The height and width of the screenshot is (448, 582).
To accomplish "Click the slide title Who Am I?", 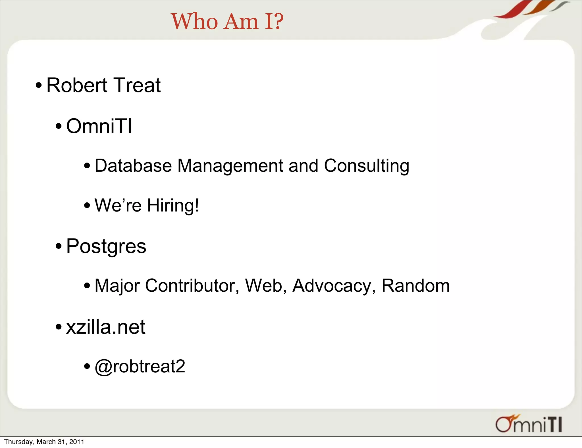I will click(x=227, y=22).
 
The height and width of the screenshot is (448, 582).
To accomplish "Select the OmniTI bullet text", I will click(x=99, y=126).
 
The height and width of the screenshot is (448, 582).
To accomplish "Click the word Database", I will click(x=133, y=166).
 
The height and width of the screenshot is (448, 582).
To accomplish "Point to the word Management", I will click(x=230, y=166).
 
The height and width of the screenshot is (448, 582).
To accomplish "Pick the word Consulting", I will click(x=367, y=166).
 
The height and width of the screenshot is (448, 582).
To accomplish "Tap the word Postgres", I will click(x=106, y=246).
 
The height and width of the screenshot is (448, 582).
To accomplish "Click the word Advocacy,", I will click(x=334, y=286).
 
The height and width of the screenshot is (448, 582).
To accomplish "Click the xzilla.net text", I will click(x=106, y=327).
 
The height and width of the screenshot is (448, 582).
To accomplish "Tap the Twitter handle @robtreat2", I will click(x=140, y=366).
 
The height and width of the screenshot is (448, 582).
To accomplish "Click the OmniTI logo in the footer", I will click(x=529, y=424).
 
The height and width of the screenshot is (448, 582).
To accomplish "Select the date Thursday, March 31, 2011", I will click(x=44, y=442).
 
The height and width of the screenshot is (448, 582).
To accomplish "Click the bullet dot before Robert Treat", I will click(x=39, y=86).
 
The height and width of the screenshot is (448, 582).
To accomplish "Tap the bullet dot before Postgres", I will click(x=59, y=246).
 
